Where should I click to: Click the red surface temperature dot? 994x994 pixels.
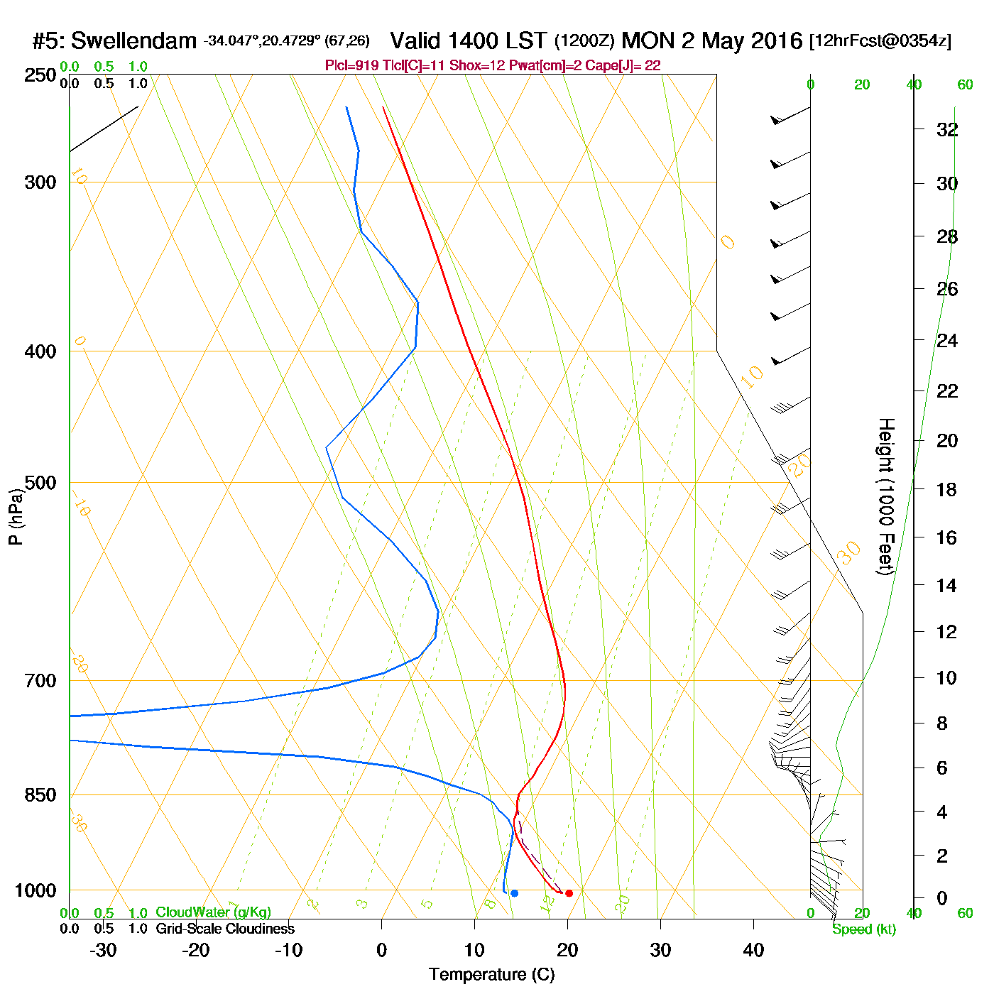569,892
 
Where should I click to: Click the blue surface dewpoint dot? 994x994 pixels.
514,892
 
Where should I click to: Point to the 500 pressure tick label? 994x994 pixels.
40,483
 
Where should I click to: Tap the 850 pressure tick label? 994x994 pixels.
40,795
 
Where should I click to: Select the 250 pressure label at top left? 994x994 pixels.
40,75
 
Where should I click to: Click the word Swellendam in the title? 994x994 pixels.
133,40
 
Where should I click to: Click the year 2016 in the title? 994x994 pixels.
776,40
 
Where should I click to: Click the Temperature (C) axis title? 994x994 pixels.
491,975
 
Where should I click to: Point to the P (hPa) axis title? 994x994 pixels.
16,516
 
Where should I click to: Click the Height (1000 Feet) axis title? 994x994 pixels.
885,496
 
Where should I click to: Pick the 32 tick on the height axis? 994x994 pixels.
947,130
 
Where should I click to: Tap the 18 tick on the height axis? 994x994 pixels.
947,489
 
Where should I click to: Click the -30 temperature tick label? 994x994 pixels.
103,950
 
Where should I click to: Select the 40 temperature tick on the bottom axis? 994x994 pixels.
753,950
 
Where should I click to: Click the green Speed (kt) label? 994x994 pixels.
863,929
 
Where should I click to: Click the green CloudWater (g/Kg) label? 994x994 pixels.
213,912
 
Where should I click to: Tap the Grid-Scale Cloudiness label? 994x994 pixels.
225,929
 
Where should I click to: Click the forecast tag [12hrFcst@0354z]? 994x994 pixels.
880,40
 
